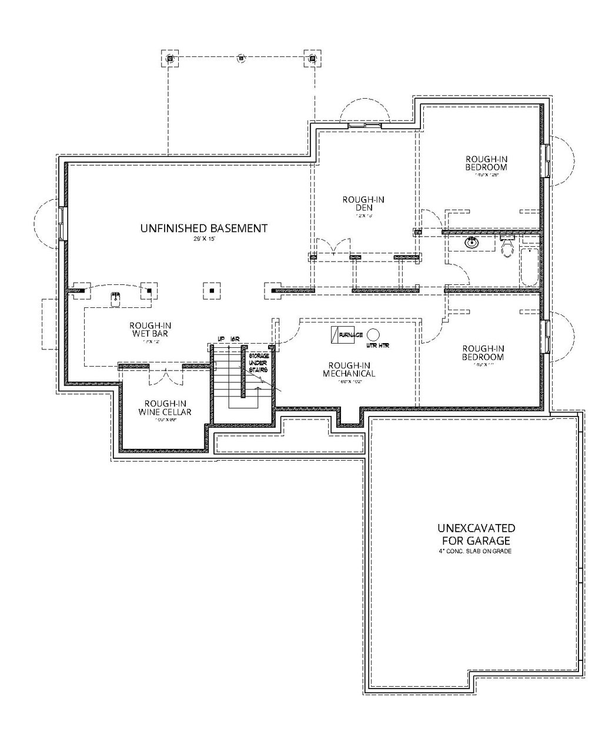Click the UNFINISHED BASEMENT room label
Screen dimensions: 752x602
[x=204, y=228]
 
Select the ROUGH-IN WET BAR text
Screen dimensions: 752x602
[x=151, y=330]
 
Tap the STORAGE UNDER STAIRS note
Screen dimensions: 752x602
[x=258, y=363]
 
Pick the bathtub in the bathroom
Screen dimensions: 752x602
[x=529, y=267]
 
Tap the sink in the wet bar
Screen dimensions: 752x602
[x=116, y=298]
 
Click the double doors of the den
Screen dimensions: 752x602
[x=333, y=248]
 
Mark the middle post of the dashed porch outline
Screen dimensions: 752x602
[x=240, y=58]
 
